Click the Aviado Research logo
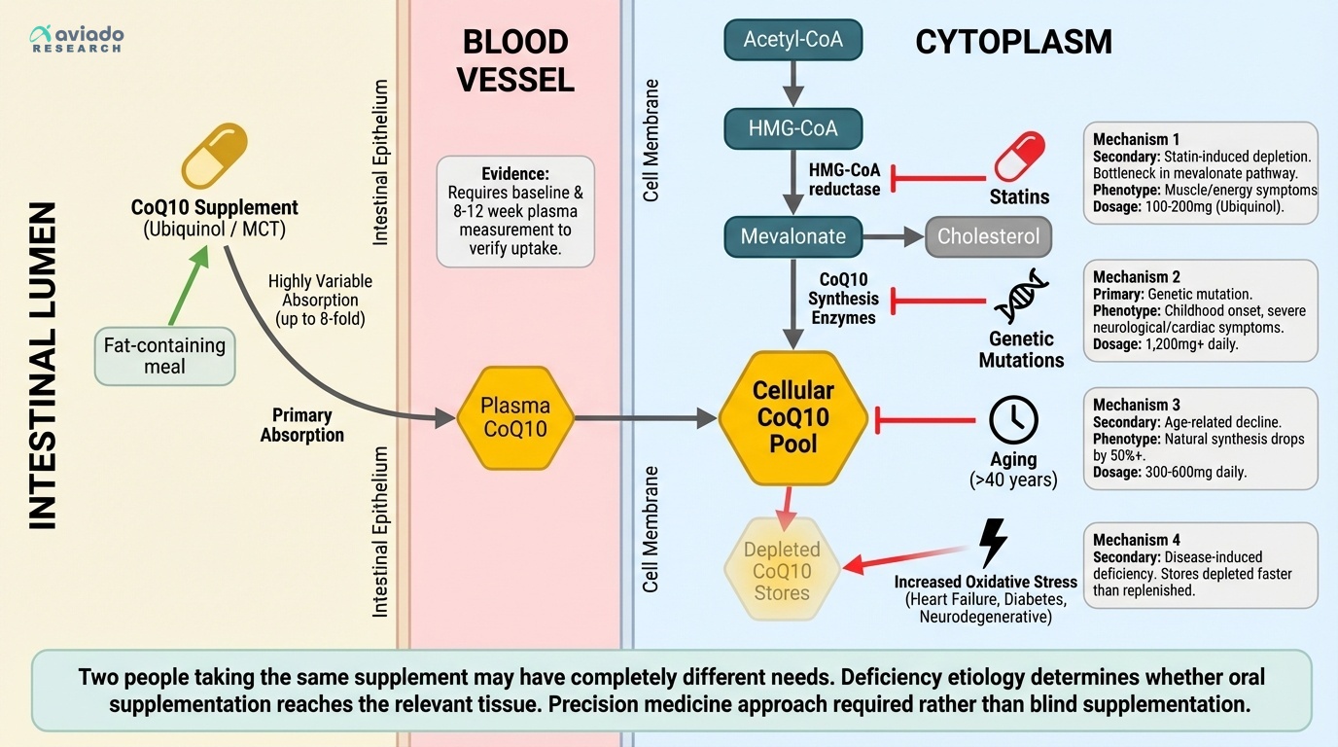pos(77,39)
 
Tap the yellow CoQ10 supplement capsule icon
pos(215,156)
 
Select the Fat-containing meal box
pos(164,356)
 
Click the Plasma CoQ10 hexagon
pos(515,418)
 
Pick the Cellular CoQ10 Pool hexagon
pos(792,418)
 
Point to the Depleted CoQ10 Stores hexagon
pos(782,571)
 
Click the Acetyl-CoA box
pos(792,40)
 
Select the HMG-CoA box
pos(792,128)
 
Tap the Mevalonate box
pos(792,236)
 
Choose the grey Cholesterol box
pos(988,236)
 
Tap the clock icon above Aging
pos(1013,420)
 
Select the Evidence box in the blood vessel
pos(514,211)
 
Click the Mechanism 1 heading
pos(1136,139)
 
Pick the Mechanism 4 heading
pos(1136,540)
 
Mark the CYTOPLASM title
pos(1013,42)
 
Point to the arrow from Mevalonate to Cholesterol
pos(892,236)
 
